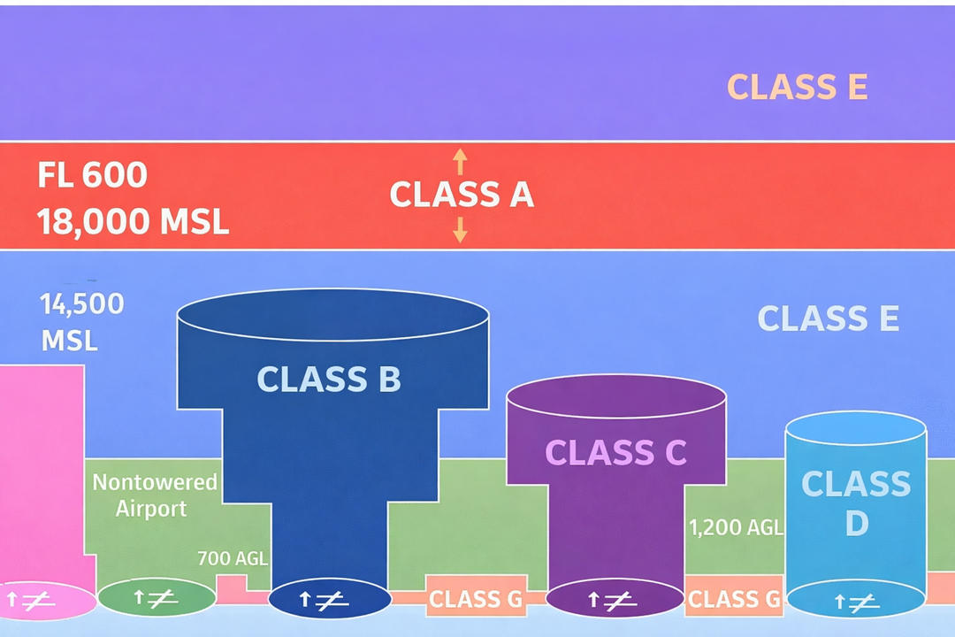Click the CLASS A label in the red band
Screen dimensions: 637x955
click(x=462, y=195)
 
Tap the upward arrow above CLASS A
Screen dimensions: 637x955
click(x=459, y=161)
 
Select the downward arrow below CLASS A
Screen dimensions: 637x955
click(x=459, y=230)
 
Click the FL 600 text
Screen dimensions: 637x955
click(x=92, y=175)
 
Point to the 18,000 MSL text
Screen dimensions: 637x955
click(x=133, y=221)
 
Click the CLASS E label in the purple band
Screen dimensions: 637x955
click(x=797, y=88)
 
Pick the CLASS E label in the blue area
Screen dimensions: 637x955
click(x=828, y=318)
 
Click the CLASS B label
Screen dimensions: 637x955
click(x=329, y=380)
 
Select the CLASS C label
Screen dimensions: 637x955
click(x=615, y=452)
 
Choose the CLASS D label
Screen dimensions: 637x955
click(x=855, y=503)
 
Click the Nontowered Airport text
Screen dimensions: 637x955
click(x=154, y=495)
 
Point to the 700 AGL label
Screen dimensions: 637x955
click(x=232, y=557)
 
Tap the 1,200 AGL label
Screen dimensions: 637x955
click(x=736, y=527)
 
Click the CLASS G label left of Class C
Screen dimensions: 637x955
click(x=476, y=600)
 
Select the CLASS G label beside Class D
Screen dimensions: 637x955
click(x=734, y=600)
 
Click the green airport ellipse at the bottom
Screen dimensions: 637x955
click(x=157, y=598)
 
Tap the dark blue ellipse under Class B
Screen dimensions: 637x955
click(x=329, y=600)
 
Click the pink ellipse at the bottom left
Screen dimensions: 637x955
click(x=44, y=602)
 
